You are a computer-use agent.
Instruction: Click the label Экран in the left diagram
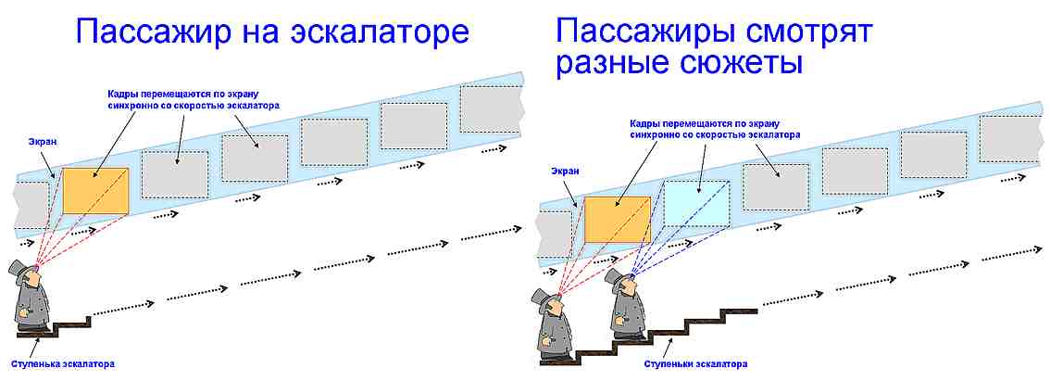click(42, 142)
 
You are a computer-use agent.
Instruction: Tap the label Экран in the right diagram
click(566, 171)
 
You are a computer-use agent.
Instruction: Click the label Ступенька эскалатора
click(62, 364)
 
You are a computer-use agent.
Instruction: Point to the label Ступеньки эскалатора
click(695, 364)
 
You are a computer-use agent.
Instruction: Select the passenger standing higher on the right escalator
click(626, 304)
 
